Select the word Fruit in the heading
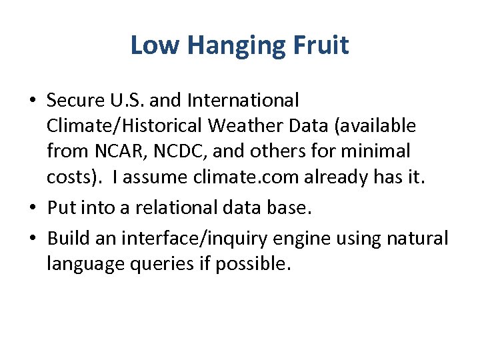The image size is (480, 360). tap(321, 45)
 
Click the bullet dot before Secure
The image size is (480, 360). tap(33, 101)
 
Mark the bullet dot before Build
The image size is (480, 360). tap(33, 239)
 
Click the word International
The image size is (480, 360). tap(243, 101)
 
